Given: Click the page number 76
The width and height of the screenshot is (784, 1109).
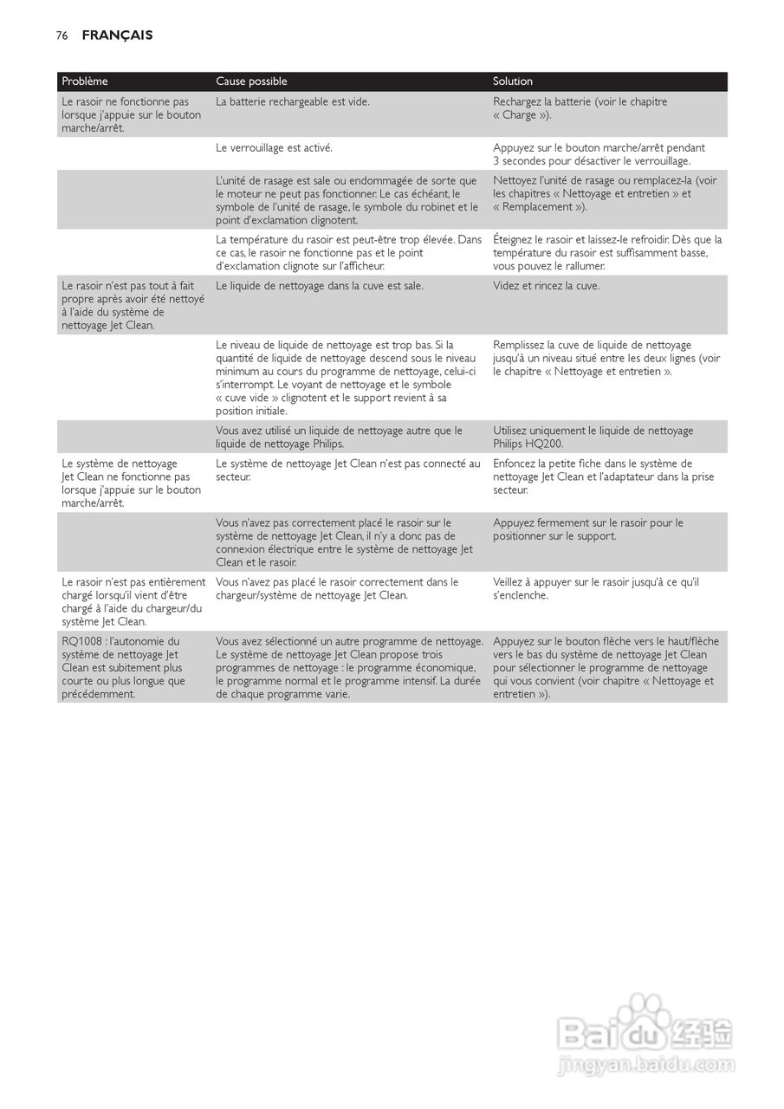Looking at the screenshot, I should coord(62,36).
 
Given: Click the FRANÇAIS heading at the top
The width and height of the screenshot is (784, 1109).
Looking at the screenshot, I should coord(117,36).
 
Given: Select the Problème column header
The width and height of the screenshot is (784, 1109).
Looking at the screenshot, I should coord(85,81).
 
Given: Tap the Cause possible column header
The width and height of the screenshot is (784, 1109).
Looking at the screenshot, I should coord(251,81).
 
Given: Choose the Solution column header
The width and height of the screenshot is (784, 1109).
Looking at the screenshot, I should coord(513,81).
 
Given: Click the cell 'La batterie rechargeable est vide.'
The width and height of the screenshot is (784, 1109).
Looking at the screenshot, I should coord(293,102).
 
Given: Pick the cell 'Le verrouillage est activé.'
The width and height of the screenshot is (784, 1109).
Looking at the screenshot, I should coord(274,148).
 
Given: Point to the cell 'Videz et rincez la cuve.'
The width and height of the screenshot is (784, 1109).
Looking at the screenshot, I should coord(546,286).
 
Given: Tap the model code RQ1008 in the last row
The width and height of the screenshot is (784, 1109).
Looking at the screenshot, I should coord(82,642).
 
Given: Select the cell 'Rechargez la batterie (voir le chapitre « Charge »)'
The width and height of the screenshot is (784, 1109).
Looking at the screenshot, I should coord(580,108).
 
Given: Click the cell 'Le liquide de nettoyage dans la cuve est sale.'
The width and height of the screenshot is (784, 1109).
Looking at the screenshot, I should coord(320,286).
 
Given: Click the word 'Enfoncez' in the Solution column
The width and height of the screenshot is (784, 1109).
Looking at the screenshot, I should coord(515,464).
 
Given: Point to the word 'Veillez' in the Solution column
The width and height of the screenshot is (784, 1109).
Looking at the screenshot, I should coord(511,582).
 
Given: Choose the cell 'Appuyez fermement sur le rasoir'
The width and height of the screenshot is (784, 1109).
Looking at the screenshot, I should coord(587,529).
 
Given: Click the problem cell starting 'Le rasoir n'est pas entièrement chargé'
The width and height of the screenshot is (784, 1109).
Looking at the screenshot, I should coord(133,602).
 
